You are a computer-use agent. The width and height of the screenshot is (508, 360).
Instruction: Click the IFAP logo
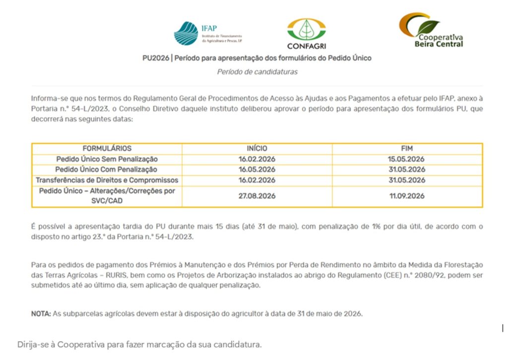pos(207,33)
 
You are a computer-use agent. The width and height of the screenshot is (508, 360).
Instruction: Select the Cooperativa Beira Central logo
pos(431,30)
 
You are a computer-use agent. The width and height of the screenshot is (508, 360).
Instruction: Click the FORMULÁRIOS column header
pos(107,148)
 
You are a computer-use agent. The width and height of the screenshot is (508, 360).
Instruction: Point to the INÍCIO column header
pos(256,148)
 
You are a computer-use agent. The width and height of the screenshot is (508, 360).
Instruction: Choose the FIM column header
pos(407,148)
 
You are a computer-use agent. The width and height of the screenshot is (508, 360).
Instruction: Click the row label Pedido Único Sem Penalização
pos(107,159)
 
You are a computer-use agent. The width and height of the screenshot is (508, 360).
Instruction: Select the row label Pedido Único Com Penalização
pos(107,170)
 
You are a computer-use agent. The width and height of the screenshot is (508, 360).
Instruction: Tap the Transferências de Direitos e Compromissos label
pos(107,180)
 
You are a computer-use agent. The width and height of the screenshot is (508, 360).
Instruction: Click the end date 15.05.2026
pos(407,159)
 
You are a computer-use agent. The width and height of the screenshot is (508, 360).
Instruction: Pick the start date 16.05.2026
pos(256,170)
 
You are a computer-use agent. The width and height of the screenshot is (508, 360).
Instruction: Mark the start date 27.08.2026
pos(256,196)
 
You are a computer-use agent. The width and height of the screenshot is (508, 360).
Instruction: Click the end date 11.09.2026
pos(407,196)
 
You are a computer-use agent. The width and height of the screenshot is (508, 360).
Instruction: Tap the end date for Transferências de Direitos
pos(407,180)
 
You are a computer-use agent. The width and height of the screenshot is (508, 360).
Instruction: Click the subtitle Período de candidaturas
pos(257,71)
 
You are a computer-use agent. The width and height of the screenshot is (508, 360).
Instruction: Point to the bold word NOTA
pos(41,313)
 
